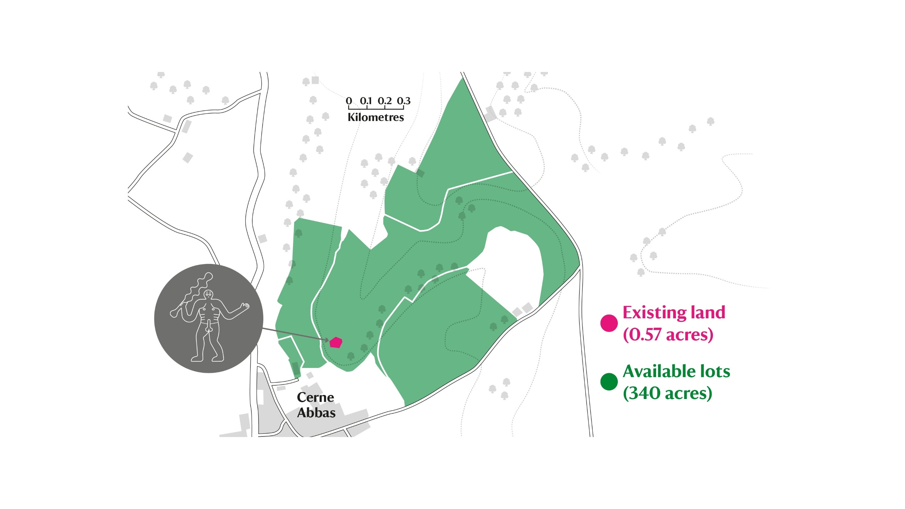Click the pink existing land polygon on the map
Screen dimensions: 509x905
point(336,342)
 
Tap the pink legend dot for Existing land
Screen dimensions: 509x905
point(609,323)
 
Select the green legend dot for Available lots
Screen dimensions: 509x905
point(609,382)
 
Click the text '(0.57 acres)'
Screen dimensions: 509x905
point(668,334)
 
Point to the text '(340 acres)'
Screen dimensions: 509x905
point(667,393)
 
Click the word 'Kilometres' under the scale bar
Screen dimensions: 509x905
point(376,117)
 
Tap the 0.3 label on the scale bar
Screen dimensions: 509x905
point(404,101)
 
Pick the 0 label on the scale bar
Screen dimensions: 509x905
point(348,101)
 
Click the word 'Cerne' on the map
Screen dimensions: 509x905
point(315,397)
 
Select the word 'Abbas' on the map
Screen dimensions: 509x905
point(316,413)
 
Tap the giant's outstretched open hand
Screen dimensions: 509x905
point(244,307)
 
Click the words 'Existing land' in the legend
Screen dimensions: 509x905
point(673,312)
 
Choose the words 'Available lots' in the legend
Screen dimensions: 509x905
point(676,371)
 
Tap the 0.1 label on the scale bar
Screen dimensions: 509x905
point(366,101)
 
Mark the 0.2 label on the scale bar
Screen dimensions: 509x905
point(385,101)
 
